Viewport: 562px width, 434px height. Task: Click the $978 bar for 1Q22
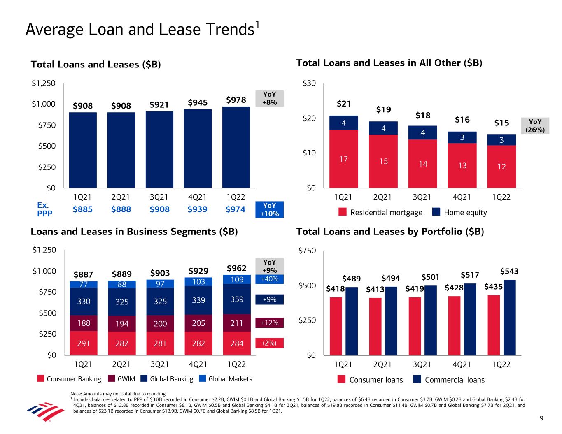236,147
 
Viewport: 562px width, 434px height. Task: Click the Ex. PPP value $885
83,209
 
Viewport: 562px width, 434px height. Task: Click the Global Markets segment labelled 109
237,279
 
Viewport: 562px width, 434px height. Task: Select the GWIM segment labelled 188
84,323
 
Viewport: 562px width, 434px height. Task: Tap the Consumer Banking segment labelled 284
237,343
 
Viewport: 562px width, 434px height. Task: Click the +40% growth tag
270,279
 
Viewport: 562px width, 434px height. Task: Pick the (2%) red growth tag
270,343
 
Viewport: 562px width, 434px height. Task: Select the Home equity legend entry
460,212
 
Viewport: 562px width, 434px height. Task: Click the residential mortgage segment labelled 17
344,159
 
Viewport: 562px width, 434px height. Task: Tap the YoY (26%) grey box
535,126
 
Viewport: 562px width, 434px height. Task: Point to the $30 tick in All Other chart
309,84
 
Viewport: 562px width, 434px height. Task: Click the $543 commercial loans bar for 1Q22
509,317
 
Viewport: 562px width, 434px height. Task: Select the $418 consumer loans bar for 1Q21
336,326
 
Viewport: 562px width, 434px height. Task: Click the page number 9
541,419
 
